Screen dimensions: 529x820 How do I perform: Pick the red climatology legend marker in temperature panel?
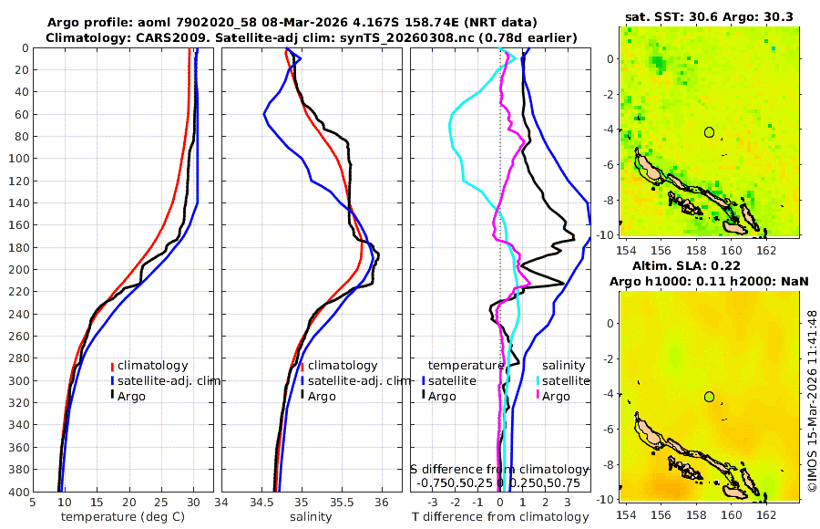pyautogui.click(x=112, y=366)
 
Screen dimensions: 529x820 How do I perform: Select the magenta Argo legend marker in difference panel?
pyautogui.click(x=538, y=396)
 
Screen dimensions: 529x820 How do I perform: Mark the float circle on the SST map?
pyautogui.click(x=709, y=132)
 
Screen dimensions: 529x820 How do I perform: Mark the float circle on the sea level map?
pyautogui.click(x=709, y=397)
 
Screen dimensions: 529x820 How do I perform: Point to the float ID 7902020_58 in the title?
pyautogui.click(x=216, y=22)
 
